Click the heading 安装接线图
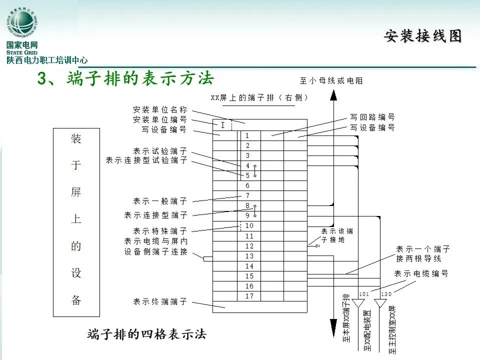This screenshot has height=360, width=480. pos(422,36)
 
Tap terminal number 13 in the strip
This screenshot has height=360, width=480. pos(249,256)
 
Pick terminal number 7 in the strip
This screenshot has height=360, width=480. pos(247,195)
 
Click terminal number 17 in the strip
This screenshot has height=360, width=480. pos(249,296)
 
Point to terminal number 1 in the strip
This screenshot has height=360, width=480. pos(247,135)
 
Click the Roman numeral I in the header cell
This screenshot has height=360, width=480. pos(222,125)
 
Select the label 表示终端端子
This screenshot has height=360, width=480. pos(160,301)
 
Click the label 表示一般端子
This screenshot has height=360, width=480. pos(160,201)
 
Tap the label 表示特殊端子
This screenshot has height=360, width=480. pos(160,231)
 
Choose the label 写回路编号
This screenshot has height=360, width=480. pos(372,117)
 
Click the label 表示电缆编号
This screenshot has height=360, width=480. pos(421,274)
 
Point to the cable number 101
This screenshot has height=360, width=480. pos(363,294)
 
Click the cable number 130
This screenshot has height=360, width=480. pos(386,294)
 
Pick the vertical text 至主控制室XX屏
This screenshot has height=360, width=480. pos(392,329)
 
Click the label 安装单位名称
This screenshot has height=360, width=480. pos(160,109)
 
